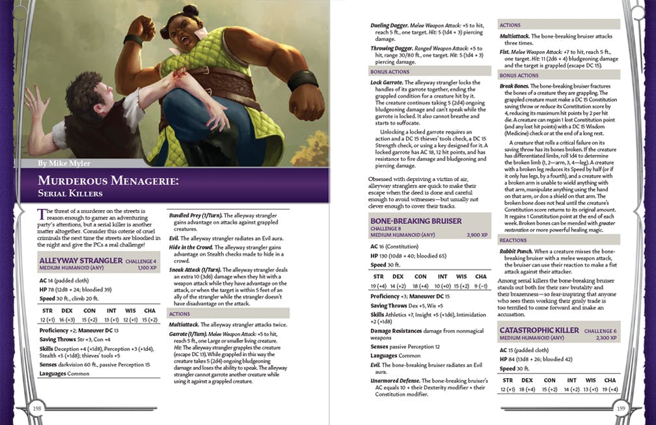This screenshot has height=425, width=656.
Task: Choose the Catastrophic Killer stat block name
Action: click(x=539, y=330)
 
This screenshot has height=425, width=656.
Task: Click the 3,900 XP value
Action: click(x=474, y=234)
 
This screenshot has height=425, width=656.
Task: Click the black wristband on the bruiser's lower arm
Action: click(x=301, y=81)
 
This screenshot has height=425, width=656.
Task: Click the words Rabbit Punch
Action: click(x=518, y=251)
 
